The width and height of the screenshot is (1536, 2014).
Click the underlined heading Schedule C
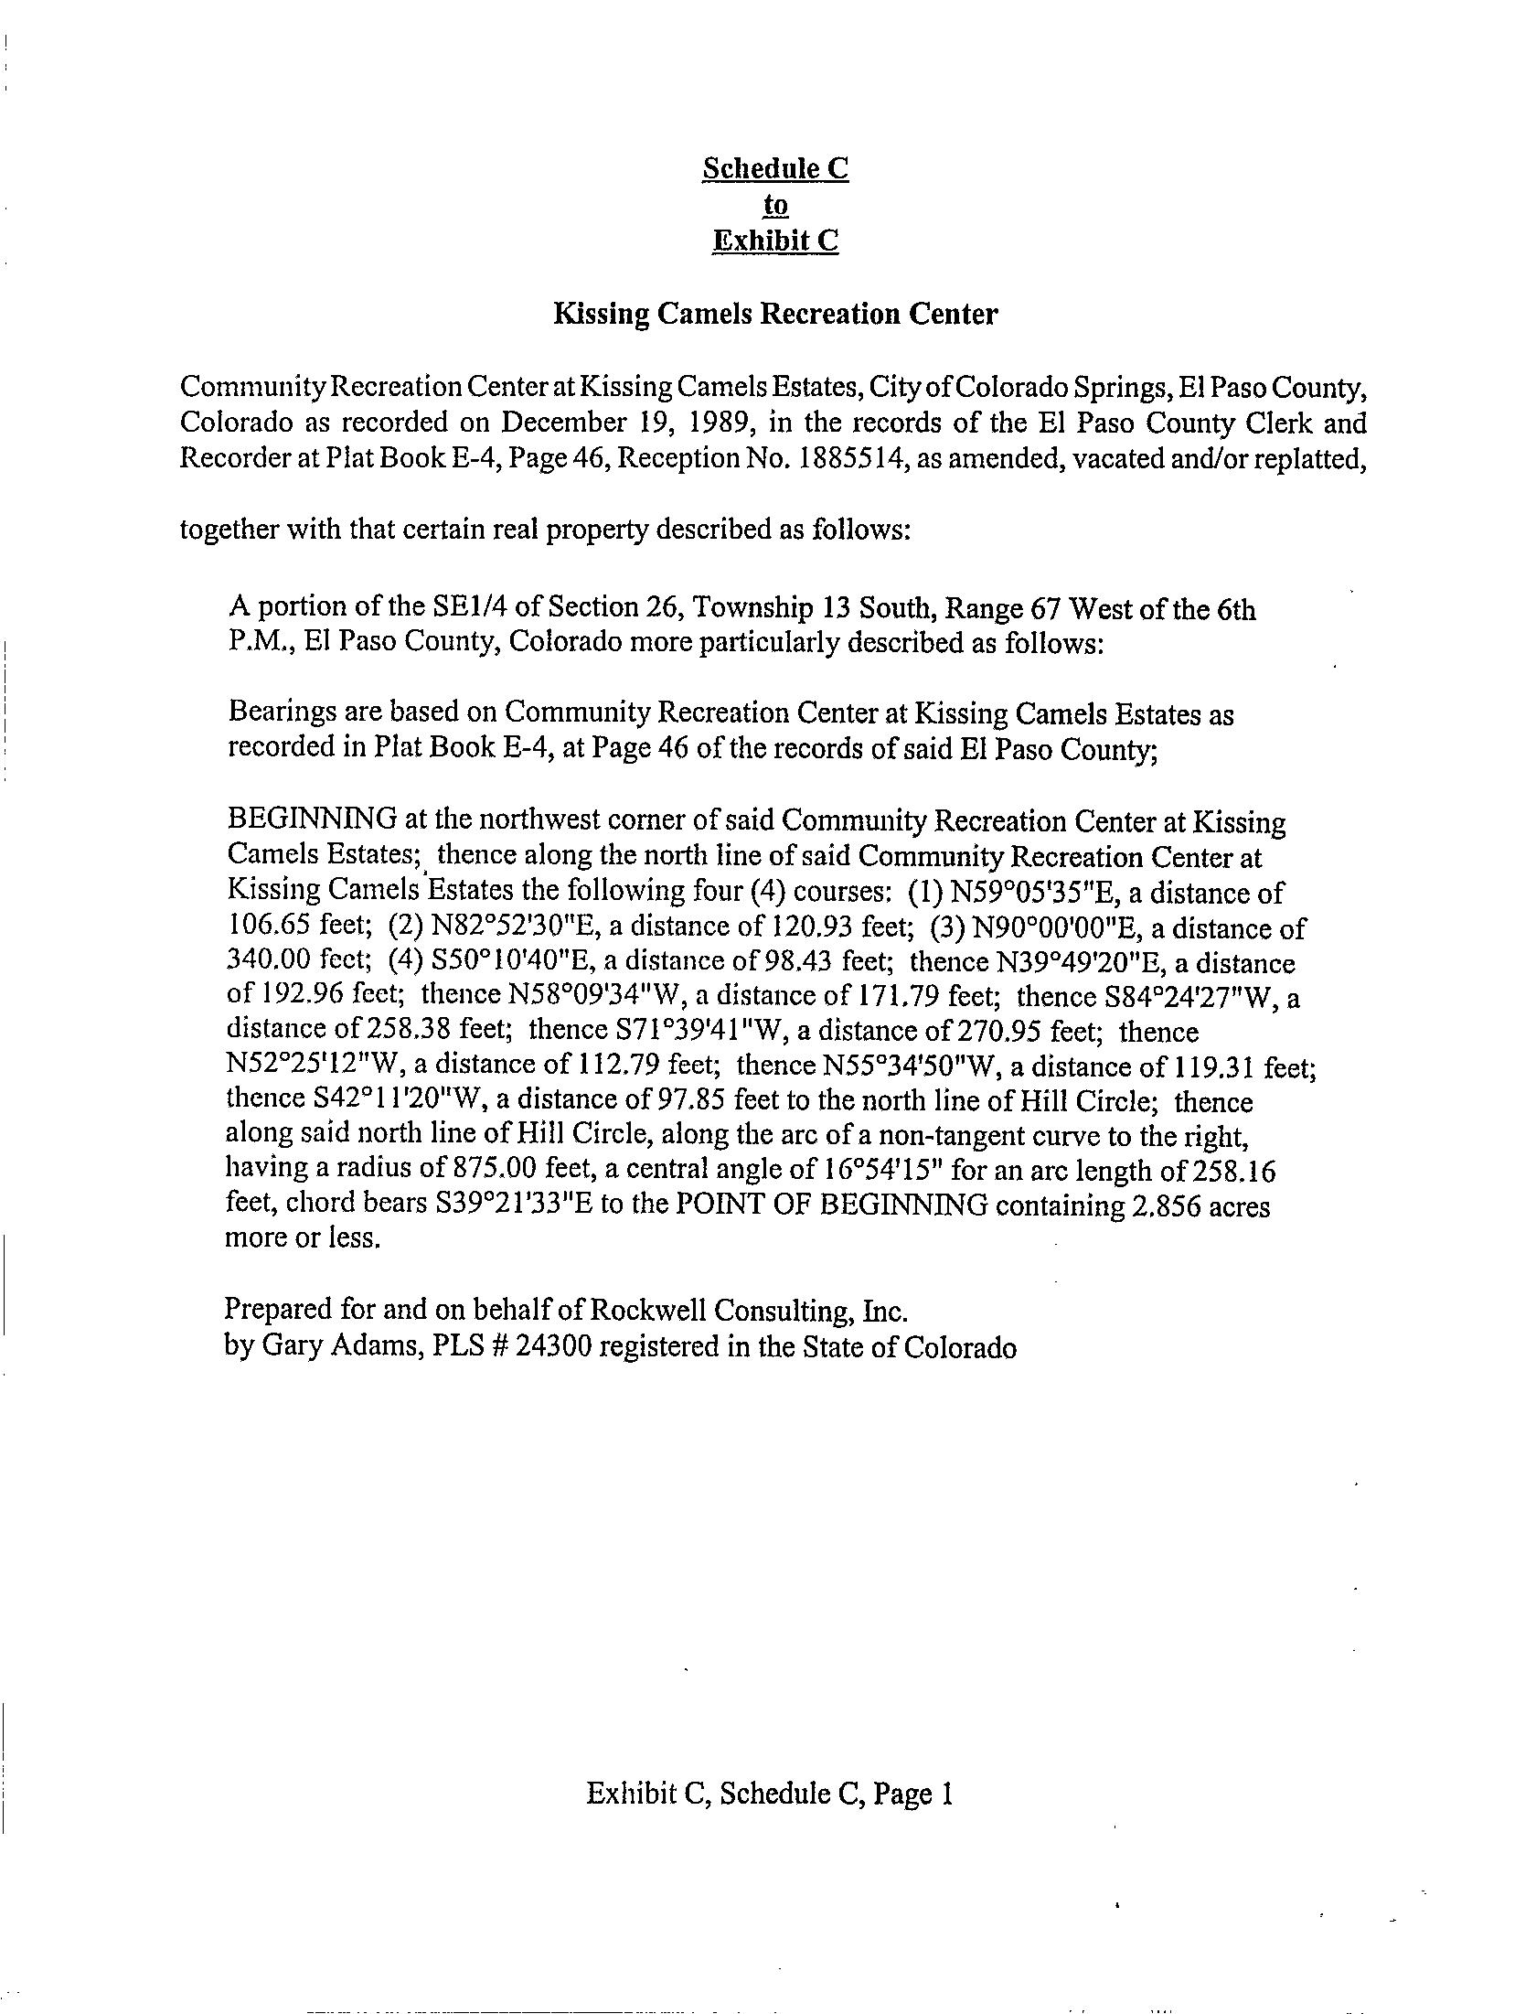point(774,169)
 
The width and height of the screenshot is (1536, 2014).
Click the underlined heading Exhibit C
point(774,241)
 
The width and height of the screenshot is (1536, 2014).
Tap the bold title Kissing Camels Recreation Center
point(775,315)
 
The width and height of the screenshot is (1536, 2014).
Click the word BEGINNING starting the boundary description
point(311,820)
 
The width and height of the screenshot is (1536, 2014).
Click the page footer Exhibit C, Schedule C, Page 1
point(770,1794)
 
